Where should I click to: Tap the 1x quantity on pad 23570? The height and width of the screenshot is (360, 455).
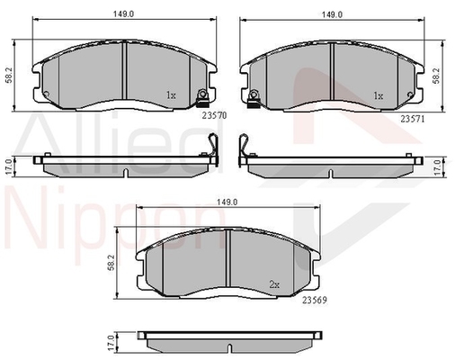coord(171,94)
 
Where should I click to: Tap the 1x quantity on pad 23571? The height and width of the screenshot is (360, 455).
coord(379,94)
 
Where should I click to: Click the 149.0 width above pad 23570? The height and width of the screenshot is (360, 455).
coord(123,13)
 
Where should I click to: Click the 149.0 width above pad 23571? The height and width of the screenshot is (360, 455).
coord(334,13)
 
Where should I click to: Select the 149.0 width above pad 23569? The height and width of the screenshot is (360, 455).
coord(227,202)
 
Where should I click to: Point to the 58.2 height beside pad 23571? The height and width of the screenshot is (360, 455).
coord(436,79)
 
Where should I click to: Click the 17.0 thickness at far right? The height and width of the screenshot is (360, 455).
coord(438,166)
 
